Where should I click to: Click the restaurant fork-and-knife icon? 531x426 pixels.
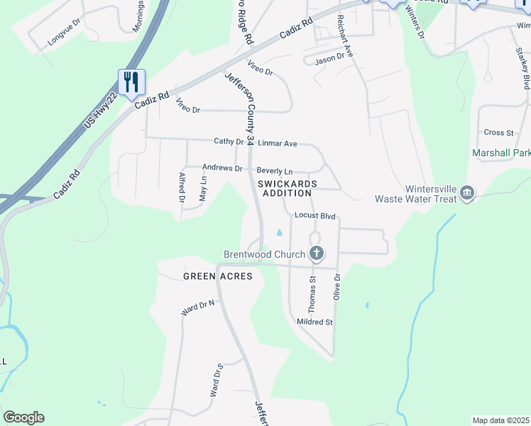tap(131, 82)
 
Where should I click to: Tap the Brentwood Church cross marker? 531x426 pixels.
tap(317, 253)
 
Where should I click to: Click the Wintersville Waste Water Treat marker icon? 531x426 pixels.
tap(467, 194)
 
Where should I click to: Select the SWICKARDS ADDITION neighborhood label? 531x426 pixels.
tap(285, 188)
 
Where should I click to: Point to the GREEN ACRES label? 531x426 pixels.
tap(218, 276)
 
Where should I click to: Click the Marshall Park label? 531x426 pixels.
tap(501, 153)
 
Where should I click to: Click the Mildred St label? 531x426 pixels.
tap(314, 322)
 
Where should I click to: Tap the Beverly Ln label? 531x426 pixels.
tap(275, 171)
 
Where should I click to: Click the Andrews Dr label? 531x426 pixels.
tap(222, 168)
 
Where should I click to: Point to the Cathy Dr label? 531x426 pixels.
tap(229, 141)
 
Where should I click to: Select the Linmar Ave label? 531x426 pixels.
tap(277, 143)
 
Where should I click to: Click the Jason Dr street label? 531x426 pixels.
tap(329, 58)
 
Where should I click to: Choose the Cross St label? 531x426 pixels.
tap(498, 132)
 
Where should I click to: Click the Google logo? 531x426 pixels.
tap(23, 417)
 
